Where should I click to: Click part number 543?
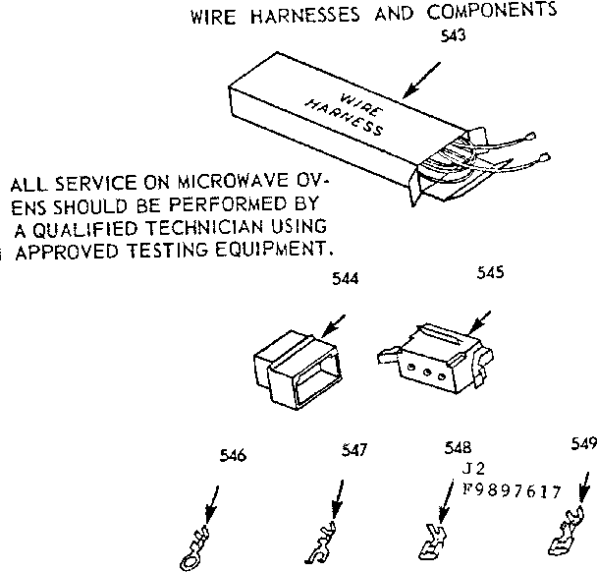coord(454,36)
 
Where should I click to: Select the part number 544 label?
coord(344,279)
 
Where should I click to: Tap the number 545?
coord(490,273)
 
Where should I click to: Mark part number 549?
coord(583,443)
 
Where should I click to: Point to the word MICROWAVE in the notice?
coord(232,185)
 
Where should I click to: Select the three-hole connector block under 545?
coord(428,363)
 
